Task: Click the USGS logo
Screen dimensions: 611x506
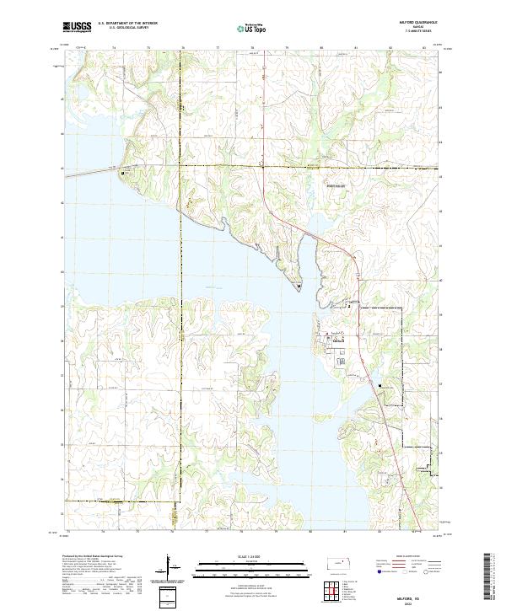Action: coord(77,27)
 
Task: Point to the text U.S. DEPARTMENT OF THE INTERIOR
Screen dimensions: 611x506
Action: coord(127,24)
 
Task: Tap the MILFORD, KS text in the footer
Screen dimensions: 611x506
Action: coord(407,595)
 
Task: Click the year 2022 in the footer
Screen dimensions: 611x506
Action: coord(407,602)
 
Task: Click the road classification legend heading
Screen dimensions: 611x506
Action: coord(407,557)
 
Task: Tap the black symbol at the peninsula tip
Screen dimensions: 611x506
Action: coord(300,287)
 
